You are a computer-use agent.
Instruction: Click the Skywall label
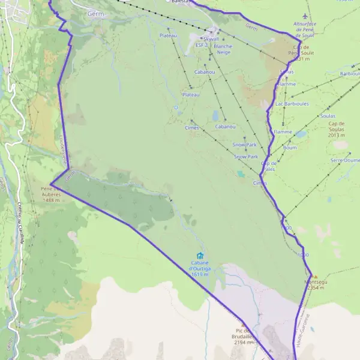pyautogui.click(x=211, y=38)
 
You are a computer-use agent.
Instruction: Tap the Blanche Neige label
pyautogui.click(x=223, y=49)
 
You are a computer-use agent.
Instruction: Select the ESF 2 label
pyautogui.click(x=202, y=45)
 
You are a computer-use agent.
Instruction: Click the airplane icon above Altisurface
pyautogui.click(x=305, y=16)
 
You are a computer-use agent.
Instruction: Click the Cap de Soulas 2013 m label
pyautogui.click(x=340, y=130)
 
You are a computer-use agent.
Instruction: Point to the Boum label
pyautogui.click(x=290, y=148)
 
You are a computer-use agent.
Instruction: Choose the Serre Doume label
pyautogui.click(x=345, y=161)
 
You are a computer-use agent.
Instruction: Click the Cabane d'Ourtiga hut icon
pyautogui.click(x=200, y=256)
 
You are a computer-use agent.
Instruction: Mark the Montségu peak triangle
pyautogui.click(x=316, y=277)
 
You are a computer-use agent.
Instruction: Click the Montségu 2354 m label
pyautogui.click(x=315, y=284)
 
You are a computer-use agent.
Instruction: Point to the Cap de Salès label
pyautogui.click(x=268, y=166)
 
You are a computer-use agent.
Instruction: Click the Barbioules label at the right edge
pyautogui.click(x=349, y=74)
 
